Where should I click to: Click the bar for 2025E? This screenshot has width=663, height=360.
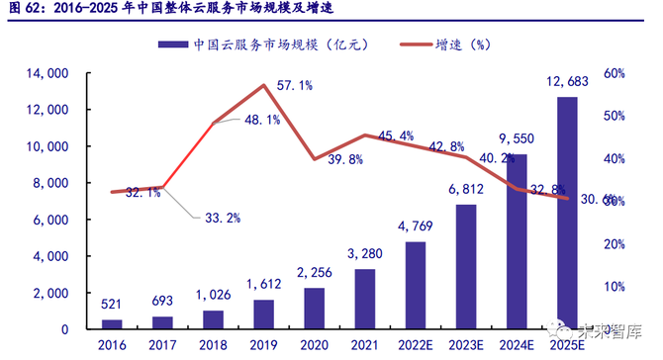(567, 213)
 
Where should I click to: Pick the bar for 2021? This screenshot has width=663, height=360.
(365, 299)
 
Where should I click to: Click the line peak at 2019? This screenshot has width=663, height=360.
(264, 85)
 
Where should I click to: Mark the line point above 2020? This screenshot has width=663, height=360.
(315, 159)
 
